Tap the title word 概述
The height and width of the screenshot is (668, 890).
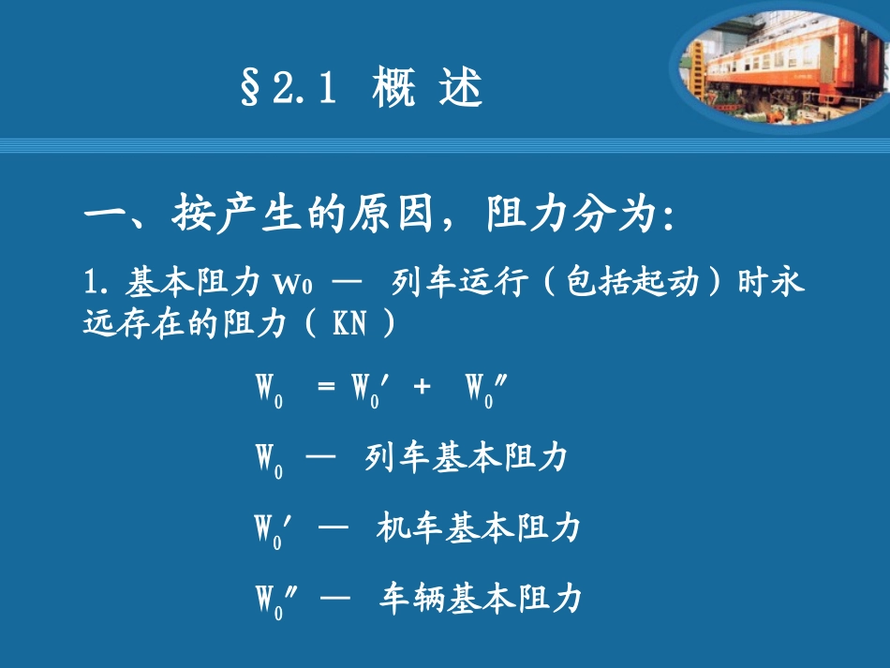coord(426,90)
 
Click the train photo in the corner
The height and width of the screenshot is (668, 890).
coord(779,64)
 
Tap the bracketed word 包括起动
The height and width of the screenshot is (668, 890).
coord(618,281)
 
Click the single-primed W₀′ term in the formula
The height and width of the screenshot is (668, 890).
coord(369,388)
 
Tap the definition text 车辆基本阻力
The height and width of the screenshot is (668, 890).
coord(480,598)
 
